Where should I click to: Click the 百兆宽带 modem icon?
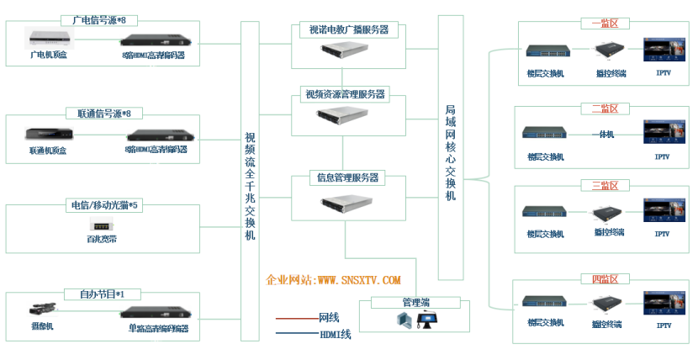click(x=103, y=225)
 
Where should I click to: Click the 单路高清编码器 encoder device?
click(x=158, y=313)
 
